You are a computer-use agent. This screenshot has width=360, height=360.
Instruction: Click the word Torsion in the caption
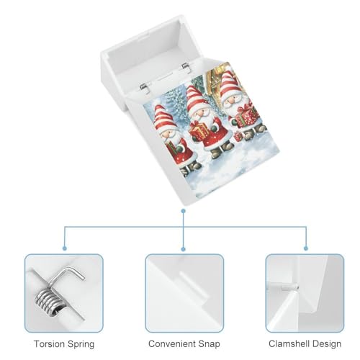click(x=49, y=343)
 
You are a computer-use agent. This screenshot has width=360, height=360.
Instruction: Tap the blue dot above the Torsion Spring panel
click(x=64, y=248)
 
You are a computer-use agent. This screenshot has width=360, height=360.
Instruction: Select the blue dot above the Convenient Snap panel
click(x=184, y=249)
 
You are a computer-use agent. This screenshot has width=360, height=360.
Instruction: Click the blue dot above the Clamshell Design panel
click(x=306, y=248)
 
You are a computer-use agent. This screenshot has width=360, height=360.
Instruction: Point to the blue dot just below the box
click(x=184, y=211)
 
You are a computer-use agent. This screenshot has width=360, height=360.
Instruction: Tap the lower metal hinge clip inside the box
click(x=145, y=88)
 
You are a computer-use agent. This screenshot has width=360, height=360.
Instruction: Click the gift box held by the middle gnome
click(x=199, y=131)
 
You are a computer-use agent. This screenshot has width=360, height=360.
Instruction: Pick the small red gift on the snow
click(x=238, y=137)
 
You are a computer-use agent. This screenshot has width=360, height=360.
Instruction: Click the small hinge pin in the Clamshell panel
click(x=290, y=287)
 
